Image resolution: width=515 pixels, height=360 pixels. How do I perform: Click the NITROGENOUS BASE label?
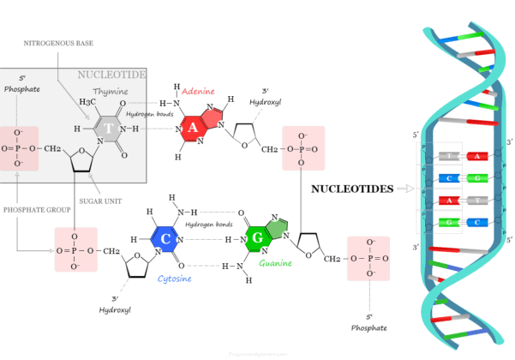coord(57,42)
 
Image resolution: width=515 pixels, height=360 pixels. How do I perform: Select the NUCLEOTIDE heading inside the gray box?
coord(111,75)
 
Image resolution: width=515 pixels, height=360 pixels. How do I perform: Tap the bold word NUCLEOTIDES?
coord(351,188)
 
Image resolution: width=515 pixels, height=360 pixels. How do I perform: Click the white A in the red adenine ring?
coord(194,129)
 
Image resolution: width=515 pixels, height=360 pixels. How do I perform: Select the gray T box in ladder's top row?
coord(449,156)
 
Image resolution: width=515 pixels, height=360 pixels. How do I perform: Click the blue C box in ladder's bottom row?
coord(479,222)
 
